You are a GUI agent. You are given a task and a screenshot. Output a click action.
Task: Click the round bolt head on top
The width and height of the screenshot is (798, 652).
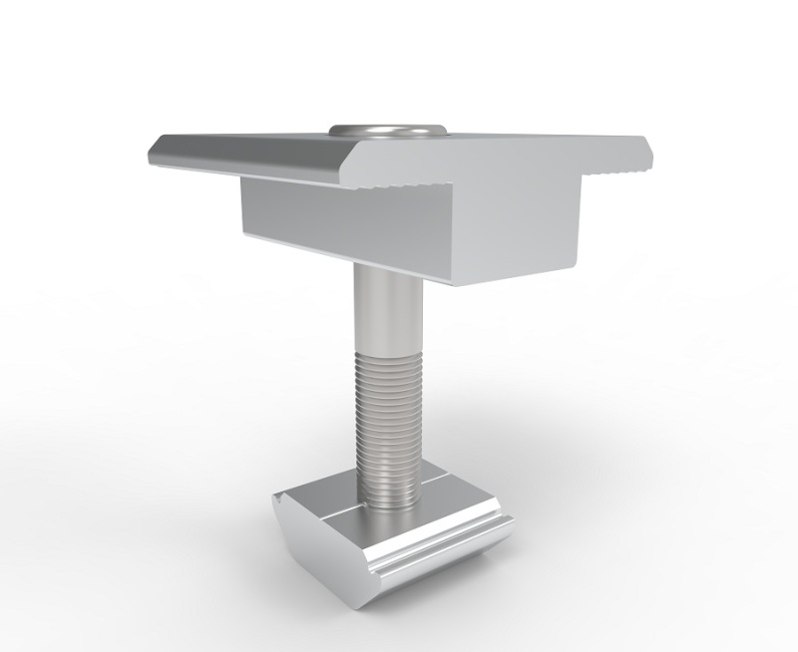tap(387, 132)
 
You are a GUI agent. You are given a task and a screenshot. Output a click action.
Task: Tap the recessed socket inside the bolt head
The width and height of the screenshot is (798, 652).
tap(387, 129)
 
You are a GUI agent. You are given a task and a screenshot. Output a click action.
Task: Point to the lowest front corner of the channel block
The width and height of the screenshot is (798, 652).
tap(454, 284)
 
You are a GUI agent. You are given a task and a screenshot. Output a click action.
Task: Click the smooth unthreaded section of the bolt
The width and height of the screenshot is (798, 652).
tap(384, 314)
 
